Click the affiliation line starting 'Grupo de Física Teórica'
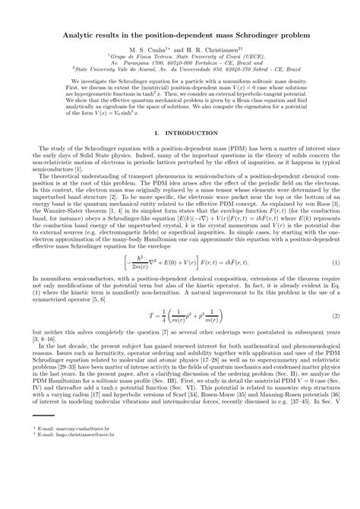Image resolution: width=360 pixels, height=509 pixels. [179, 57]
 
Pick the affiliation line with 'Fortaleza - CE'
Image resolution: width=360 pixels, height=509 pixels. [179, 64]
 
